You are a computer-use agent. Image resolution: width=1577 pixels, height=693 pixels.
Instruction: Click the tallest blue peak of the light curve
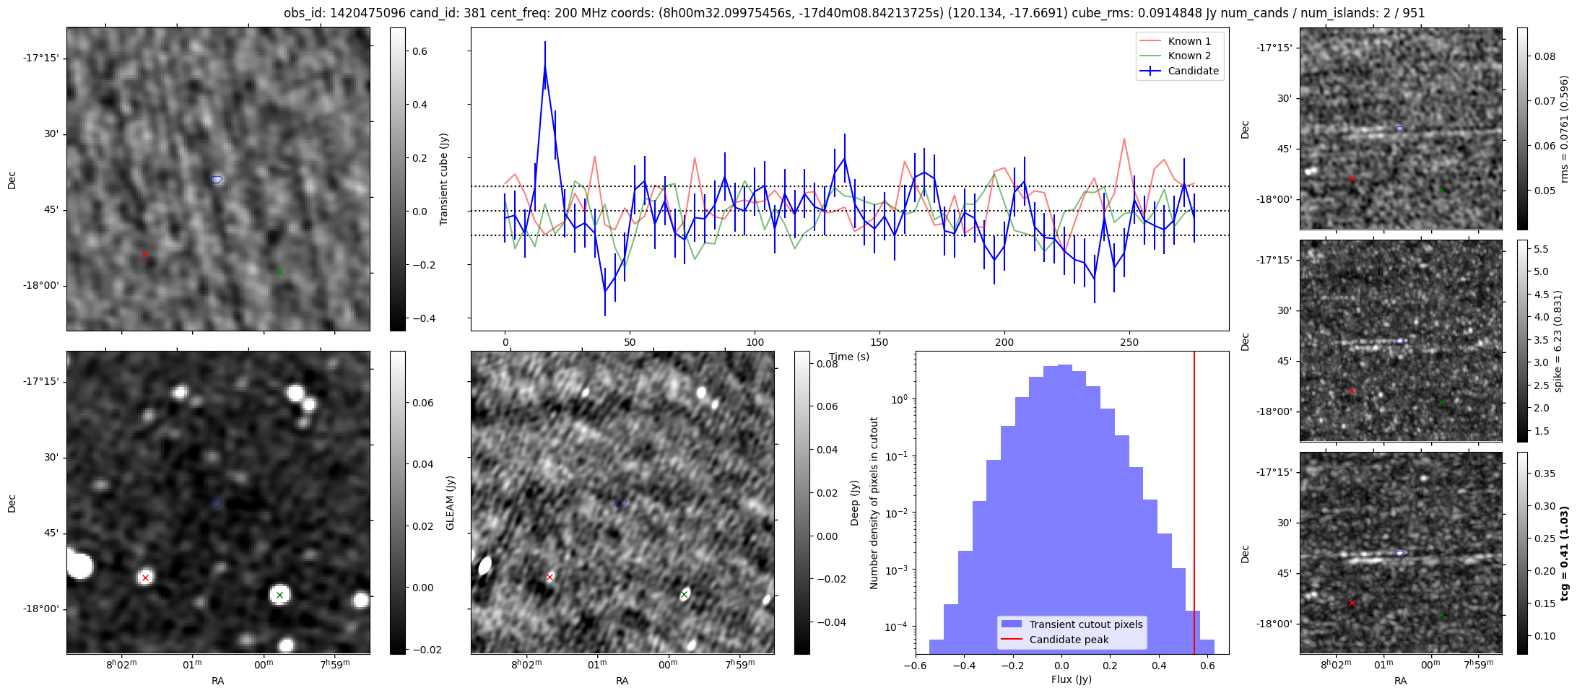(545, 66)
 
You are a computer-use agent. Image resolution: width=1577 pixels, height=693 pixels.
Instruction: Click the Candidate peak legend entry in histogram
(1069, 640)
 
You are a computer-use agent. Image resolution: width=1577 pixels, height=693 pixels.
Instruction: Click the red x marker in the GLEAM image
(145, 577)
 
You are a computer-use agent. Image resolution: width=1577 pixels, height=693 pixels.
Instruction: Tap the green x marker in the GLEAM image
(279, 595)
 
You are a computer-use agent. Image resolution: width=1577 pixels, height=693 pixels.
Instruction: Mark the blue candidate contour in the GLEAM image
(217, 503)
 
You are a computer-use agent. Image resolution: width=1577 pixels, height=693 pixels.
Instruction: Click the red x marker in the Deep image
(550, 577)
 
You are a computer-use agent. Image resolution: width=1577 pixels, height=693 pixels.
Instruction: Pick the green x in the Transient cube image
(279, 271)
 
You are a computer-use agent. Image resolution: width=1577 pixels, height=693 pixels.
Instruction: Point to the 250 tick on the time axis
(1129, 342)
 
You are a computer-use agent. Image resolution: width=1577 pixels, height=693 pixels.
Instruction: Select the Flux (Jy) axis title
(1072, 679)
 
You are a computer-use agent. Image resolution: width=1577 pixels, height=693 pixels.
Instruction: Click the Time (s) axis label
(849, 357)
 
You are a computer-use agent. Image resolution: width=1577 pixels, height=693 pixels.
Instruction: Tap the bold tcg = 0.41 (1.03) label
(1564, 553)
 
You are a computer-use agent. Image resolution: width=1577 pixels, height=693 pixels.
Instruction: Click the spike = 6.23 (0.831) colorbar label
(1558, 341)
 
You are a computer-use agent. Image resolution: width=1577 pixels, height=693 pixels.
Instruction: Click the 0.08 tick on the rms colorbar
(1545, 56)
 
